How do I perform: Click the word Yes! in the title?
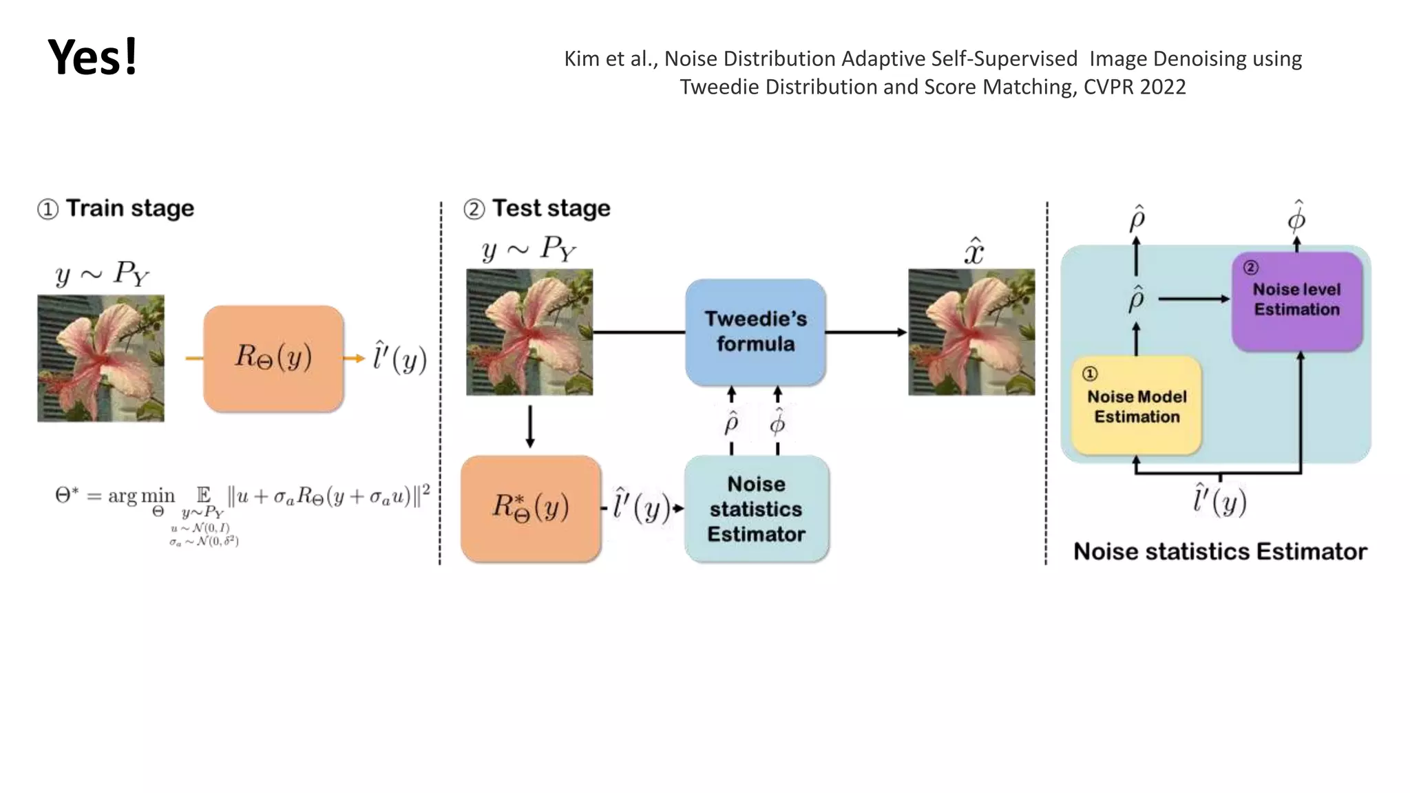[92, 57]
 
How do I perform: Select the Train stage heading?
[129, 208]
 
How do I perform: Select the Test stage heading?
[551, 208]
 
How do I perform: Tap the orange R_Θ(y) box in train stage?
[273, 358]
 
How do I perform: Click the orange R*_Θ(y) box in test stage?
[530, 508]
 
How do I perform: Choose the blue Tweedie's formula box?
[755, 332]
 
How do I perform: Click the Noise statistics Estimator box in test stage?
[756, 509]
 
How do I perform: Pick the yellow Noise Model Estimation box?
[1136, 406]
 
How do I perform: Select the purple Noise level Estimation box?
[1296, 300]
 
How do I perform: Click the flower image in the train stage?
[101, 358]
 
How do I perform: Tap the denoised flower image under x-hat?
[971, 332]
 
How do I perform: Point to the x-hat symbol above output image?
[973, 251]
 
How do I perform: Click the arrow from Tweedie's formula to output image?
[866, 332]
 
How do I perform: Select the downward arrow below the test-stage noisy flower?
[529, 427]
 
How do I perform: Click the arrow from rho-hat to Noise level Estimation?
[1194, 299]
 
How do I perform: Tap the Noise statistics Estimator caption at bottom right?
[1219, 551]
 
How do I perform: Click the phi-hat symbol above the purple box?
[1296, 217]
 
